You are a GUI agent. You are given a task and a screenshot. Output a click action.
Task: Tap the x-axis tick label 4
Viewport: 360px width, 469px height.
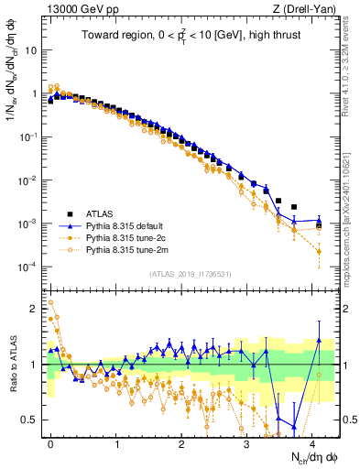pos(311,442)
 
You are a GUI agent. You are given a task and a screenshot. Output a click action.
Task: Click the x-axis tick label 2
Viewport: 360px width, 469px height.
pos(181,442)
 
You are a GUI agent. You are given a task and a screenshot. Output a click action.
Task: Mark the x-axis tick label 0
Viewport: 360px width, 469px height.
pos(50,442)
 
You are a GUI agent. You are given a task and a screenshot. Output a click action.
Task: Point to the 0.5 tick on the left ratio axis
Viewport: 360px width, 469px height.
pos(29,420)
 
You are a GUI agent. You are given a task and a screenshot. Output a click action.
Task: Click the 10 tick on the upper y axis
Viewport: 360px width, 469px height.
pos(29,50)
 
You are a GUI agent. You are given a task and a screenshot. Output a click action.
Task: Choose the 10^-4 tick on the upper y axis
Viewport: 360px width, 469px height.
pos(27,267)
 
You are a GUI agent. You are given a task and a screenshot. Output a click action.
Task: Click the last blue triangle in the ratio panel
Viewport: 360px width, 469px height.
pos(318,340)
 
